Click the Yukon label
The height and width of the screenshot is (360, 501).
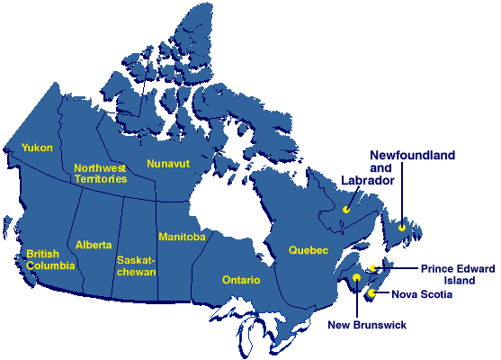click(37, 147)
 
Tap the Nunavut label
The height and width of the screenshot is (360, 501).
click(170, 164)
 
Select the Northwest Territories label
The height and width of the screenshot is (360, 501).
click(100, 173)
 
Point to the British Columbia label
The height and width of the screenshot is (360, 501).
click(49, 259)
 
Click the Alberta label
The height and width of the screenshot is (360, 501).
click(94, 245)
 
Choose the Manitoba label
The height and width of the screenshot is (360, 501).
click(182, 237)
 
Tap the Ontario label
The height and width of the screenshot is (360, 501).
click(241, 280)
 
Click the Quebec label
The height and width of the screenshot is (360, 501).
click(309, 249)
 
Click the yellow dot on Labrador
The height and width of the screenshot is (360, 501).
click(345, 210)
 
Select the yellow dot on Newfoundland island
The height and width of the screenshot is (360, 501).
click(402, 227)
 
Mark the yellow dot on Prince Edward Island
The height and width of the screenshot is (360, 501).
click(372, 268)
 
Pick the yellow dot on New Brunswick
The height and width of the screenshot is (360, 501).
click(357, 278)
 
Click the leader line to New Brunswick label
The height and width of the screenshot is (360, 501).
click(357, 300)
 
